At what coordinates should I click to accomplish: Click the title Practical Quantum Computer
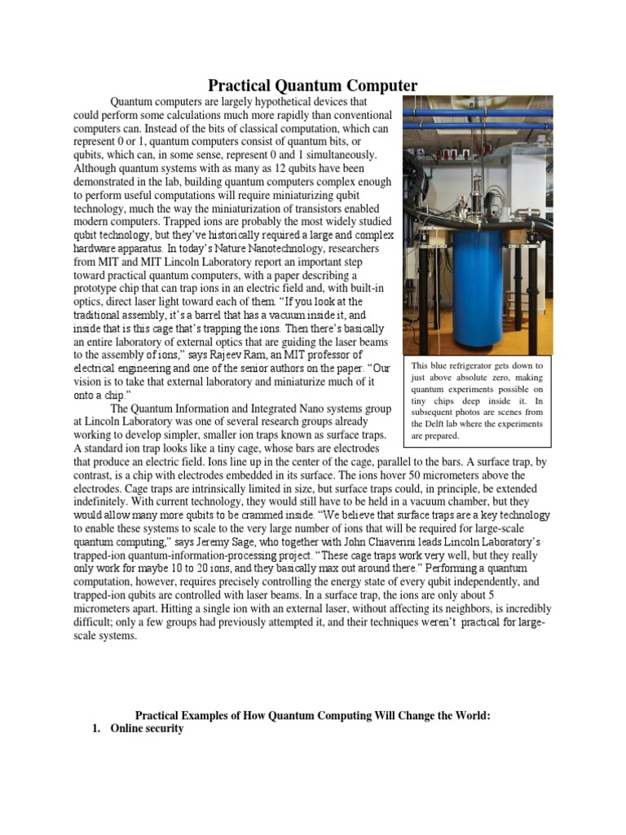[x=313, y=86]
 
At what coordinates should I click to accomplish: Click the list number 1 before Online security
[x=97, y=728]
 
